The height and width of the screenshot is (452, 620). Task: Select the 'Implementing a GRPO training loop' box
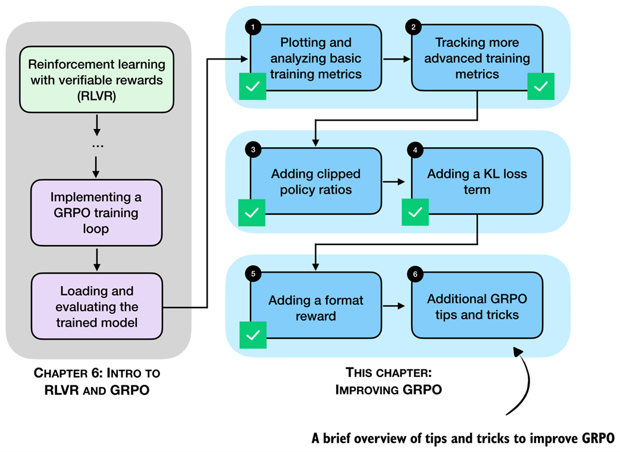coord(96,212)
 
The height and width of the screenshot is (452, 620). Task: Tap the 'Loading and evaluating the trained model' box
coord(96,306)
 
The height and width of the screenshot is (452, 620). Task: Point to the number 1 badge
coord(253,27)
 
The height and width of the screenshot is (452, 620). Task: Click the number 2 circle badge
coord(414,27)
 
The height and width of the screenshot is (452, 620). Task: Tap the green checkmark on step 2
coord(540,87)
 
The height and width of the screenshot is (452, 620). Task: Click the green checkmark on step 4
coord(415,212)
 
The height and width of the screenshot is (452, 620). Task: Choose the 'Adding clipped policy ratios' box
coord(315,181)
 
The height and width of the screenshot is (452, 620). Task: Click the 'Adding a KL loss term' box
coord(477,181)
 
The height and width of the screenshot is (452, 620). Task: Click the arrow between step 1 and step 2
coord(396,59)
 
